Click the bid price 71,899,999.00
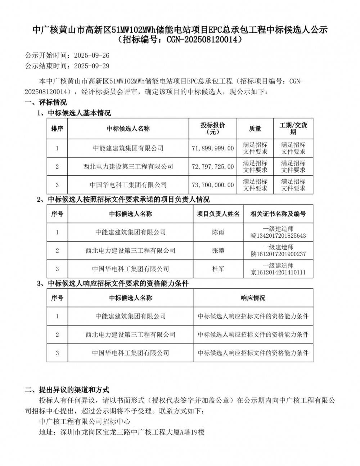[213, 148]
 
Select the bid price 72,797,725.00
[213, 167]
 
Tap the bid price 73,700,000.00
[213, 185]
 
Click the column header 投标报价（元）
[213, 129]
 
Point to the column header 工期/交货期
[293, 129]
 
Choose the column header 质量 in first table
[255, 129]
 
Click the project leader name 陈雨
[218, 232]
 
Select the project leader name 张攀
[218, 251]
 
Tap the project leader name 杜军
[218, 269]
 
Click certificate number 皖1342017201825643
[278, 236]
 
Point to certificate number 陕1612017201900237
[278, 254]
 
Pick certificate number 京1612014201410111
[278, 273]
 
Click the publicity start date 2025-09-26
[91, 55]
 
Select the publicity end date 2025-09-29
[91, 66]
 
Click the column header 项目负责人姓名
[218, 214]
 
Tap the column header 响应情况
[253, 298]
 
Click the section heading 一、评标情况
[46, 103]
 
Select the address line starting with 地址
[122, 432]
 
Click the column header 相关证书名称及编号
[278, 214]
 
